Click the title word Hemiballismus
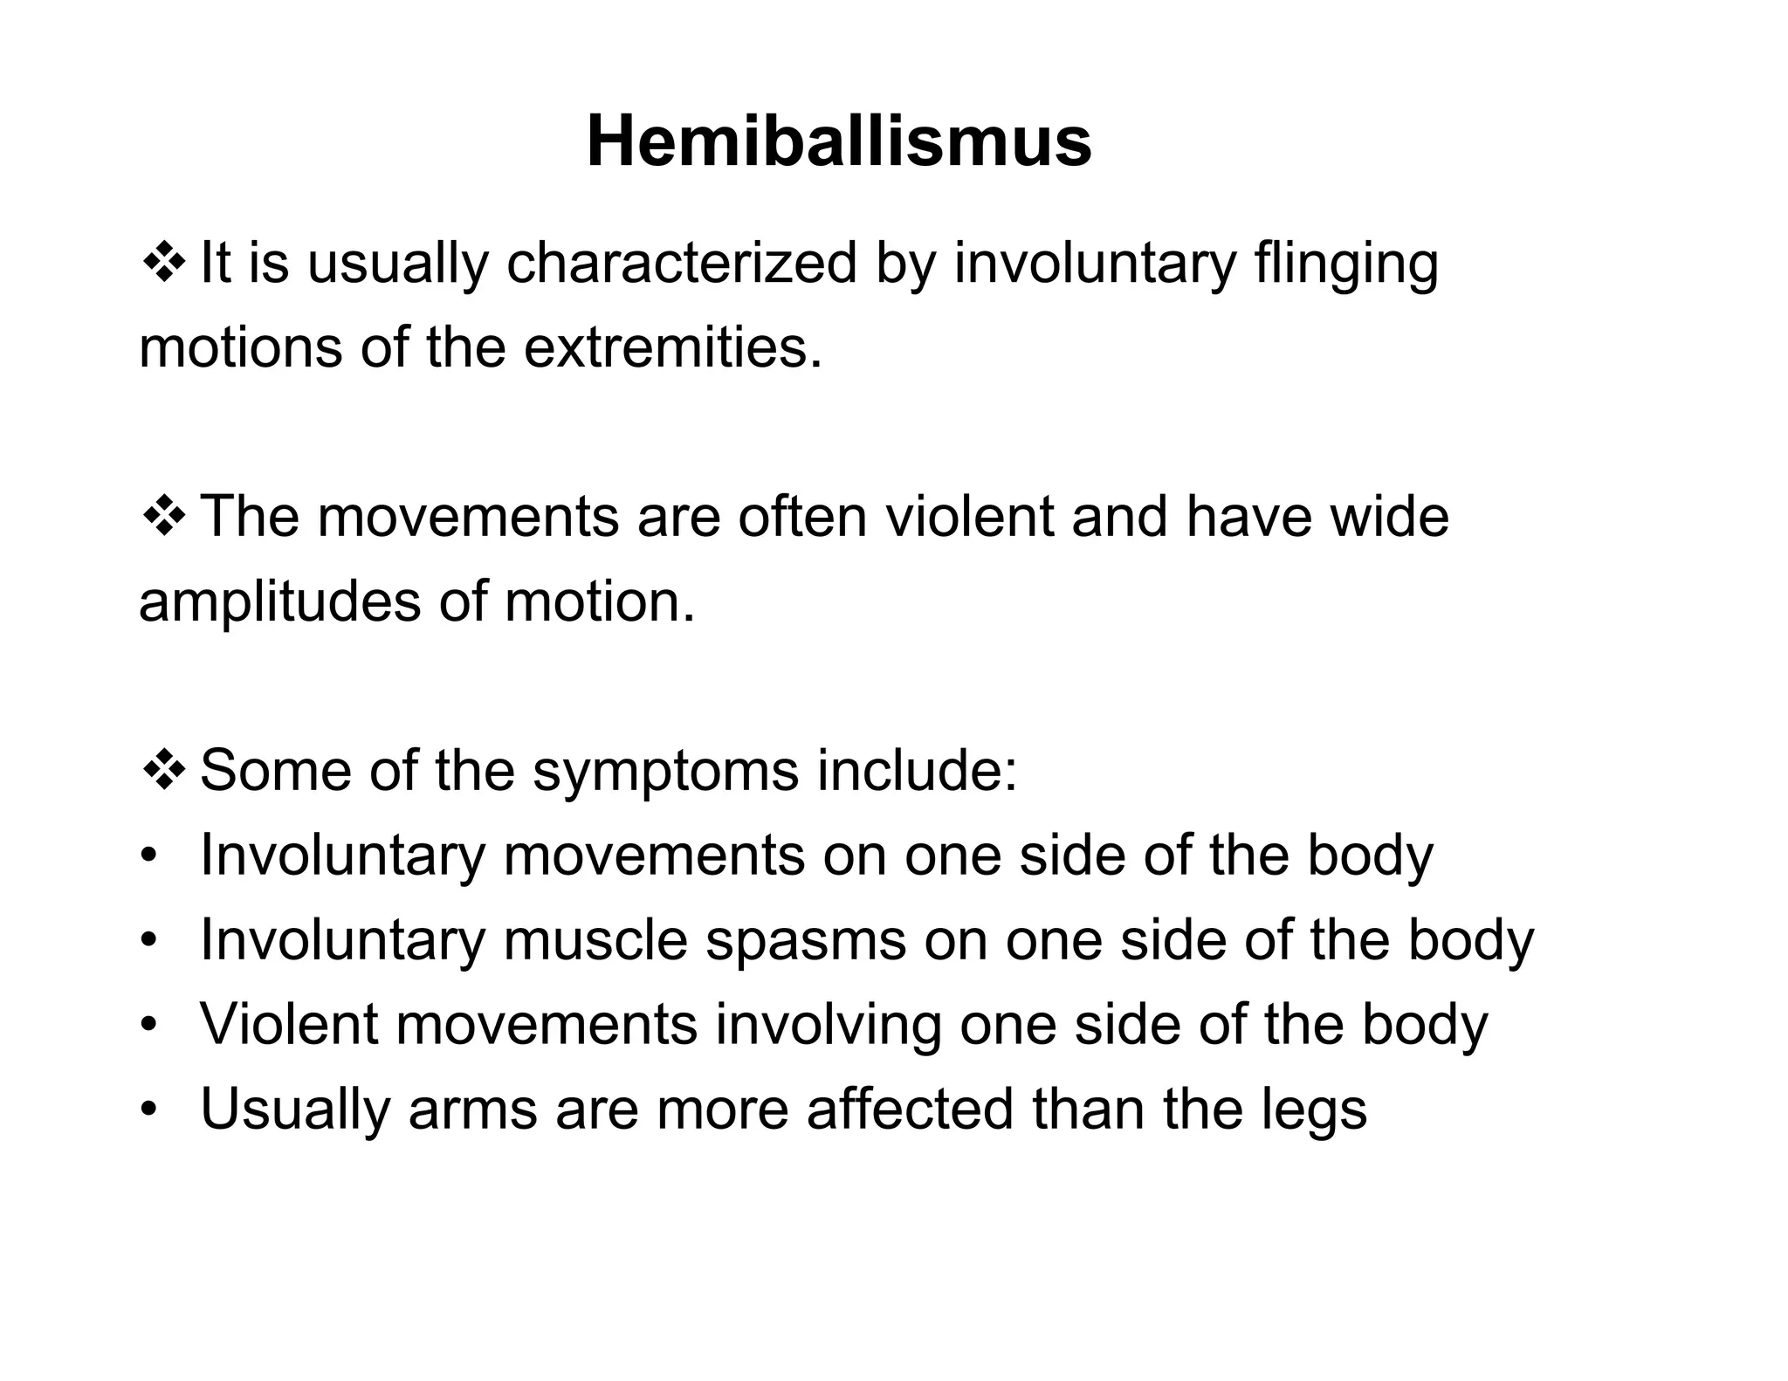(x=838, y=141)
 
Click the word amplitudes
(x=279, y=602)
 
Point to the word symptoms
(x=665, y=772)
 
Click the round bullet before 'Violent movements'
(x=149, y=1024)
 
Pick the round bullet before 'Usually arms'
(x=149, y=1109)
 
